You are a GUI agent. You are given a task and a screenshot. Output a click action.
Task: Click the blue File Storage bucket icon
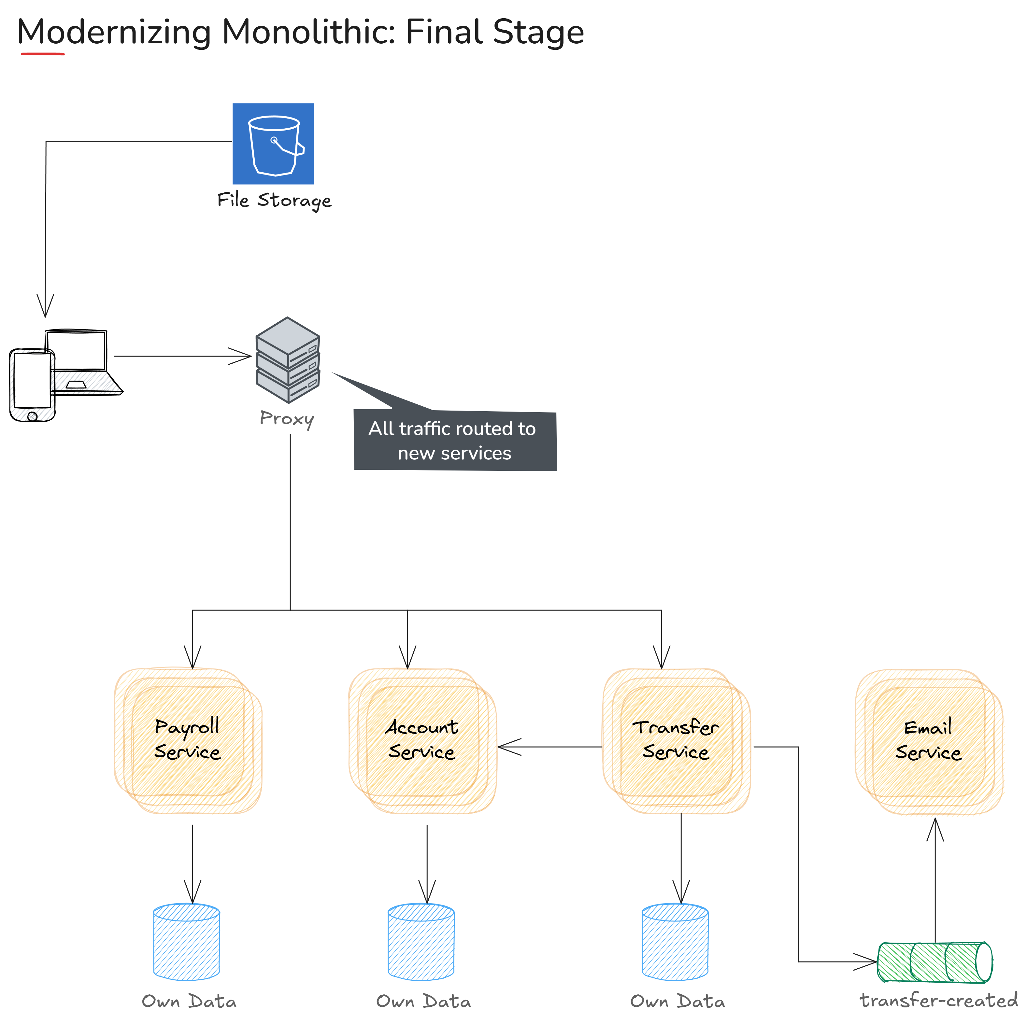[x=273, y=144]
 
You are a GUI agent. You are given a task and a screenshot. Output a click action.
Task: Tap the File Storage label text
[x=274, y=201]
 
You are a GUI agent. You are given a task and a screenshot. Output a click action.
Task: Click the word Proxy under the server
[x=287, y=419]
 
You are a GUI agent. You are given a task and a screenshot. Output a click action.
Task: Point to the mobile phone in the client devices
[x=32, y=385]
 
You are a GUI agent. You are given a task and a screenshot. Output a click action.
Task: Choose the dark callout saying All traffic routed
[x=455, y=441]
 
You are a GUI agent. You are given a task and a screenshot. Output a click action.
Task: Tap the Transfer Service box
[x=676, y=740]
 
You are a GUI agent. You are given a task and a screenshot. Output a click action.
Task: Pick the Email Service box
[x=929, y=740]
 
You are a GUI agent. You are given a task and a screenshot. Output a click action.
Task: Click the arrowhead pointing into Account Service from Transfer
[x=506, y=747]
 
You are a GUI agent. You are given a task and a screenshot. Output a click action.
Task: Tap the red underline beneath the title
[x=43, y=54]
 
